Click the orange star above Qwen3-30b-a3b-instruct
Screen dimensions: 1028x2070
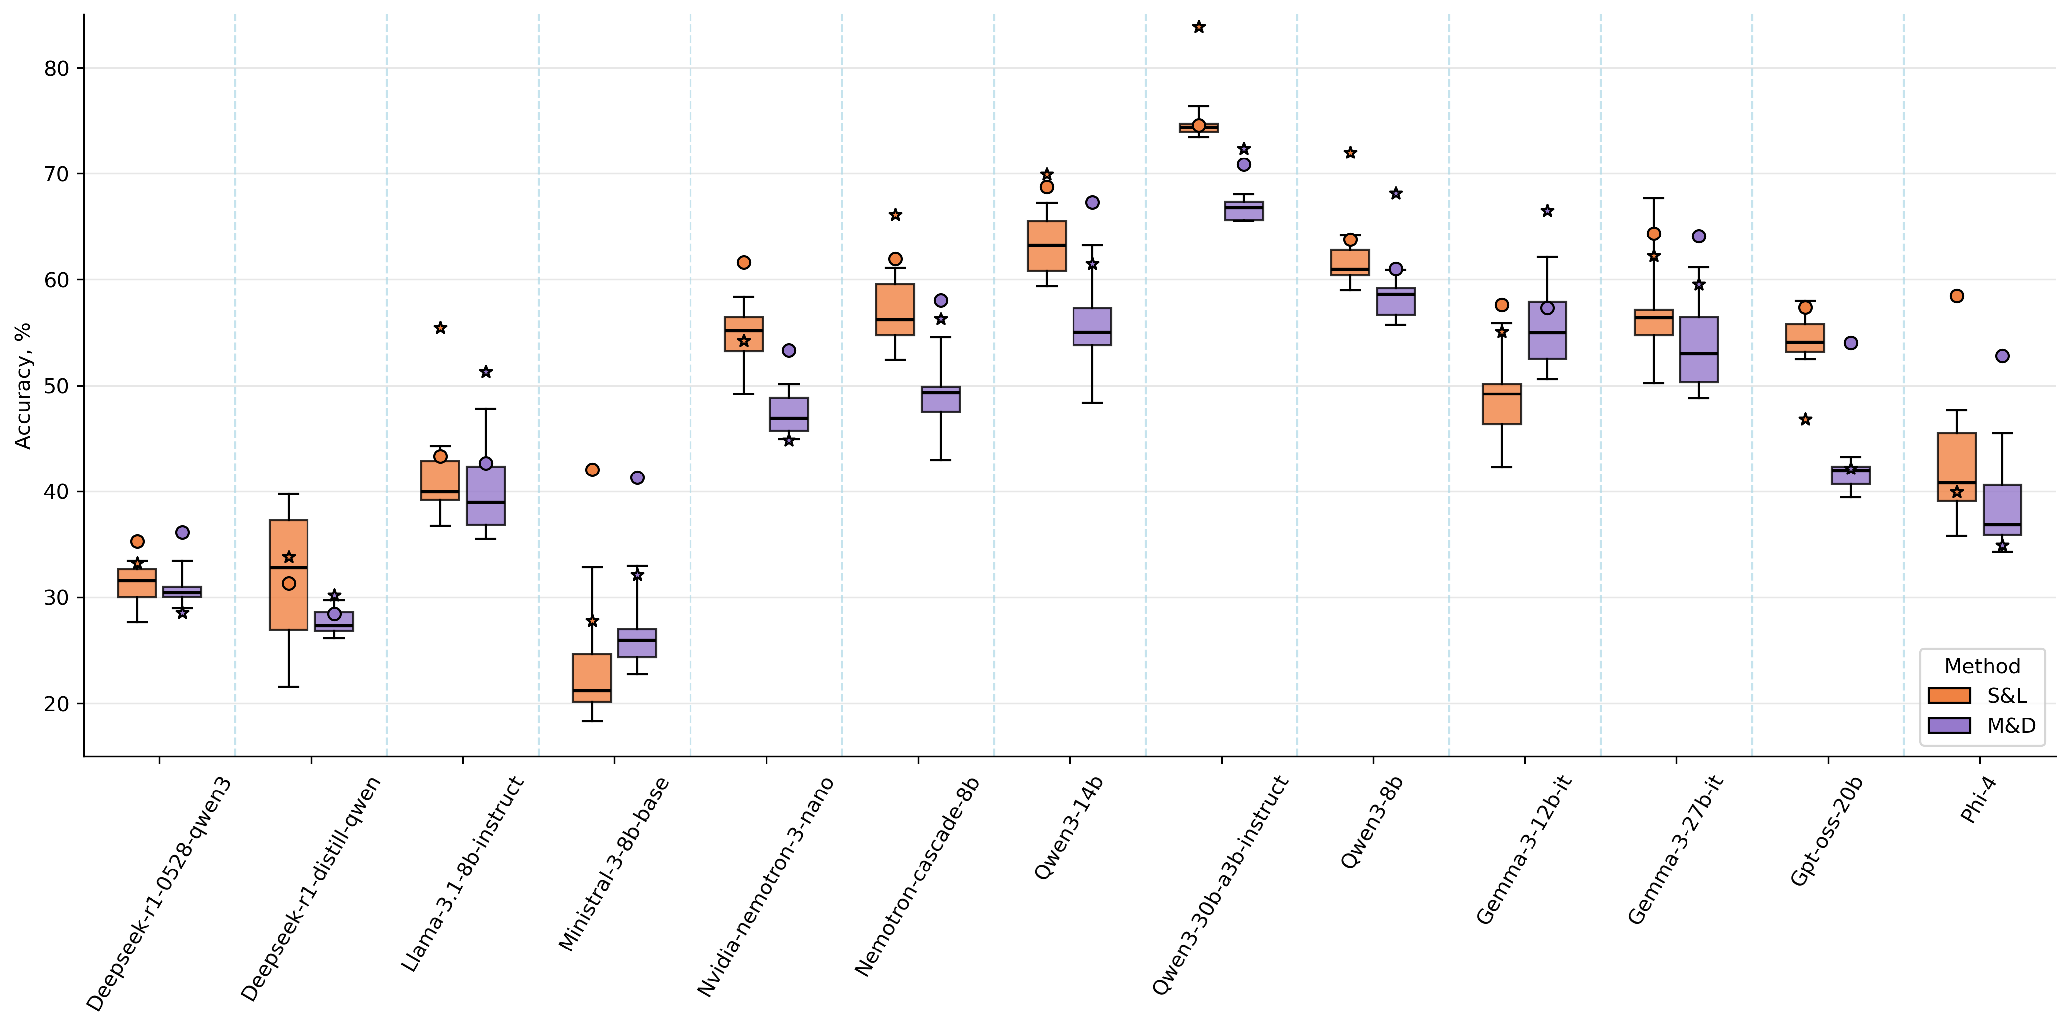coord(1198,27)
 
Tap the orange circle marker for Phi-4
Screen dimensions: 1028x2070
coord(1957,296)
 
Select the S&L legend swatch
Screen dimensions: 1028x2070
coord(1949,695)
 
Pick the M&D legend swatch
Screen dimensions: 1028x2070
coord(1949,726)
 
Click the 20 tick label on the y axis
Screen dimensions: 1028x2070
coord(56,703)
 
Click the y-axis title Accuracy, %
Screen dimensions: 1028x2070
coord(22,386)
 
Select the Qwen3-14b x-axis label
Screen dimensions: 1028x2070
coord(1069,828)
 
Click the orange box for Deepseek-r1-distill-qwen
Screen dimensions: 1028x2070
coord(289,575)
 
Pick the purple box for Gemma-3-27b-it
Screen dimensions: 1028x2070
coord(1699,350)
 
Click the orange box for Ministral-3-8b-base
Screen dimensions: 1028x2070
coord(592,678)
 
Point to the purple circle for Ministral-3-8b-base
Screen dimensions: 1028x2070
coord(637,477)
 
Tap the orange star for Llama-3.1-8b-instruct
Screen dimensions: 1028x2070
coord(440,328)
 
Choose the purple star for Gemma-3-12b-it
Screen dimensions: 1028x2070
coord(1547,211)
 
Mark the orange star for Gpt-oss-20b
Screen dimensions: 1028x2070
coord(1805,419)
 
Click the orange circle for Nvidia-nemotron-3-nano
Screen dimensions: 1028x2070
coord(743,263)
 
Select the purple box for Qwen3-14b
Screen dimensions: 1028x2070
coord(1092,326)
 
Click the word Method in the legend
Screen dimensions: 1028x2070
coord(1982,666)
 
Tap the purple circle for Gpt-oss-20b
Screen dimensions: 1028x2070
coord(1850,343)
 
